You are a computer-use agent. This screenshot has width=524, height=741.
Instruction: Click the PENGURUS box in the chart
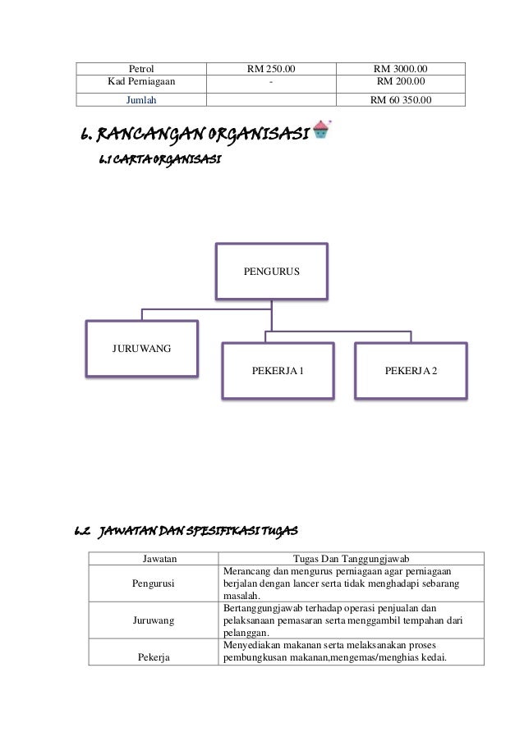pos(271,270)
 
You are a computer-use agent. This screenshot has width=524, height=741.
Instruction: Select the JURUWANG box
pos(141,350)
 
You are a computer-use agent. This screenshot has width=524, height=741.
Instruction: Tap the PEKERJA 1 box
pos(278,371)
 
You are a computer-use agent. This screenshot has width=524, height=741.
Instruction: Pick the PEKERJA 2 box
pos(411,371)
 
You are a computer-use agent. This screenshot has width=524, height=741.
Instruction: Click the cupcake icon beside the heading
pos(322,132)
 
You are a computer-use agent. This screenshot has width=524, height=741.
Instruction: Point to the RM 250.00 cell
pos(273,68)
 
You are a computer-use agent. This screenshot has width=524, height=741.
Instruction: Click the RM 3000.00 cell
pos(405,68)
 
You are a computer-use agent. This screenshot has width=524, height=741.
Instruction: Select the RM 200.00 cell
pos(405,82)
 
